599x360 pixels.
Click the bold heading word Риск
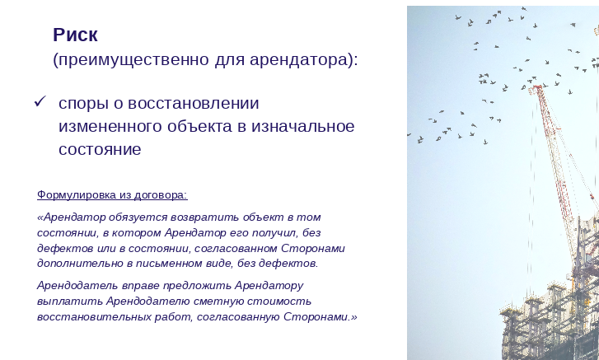pos(75,35)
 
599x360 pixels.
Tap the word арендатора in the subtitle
pos(298,60)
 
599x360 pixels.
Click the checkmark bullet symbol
pos(40,101)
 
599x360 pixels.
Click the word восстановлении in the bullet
pos(194,104)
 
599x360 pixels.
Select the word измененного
pos(110,126)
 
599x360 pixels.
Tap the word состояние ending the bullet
pos(100,149)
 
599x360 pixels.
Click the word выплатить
pos(70,302)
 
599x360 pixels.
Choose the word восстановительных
pos(95,317)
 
